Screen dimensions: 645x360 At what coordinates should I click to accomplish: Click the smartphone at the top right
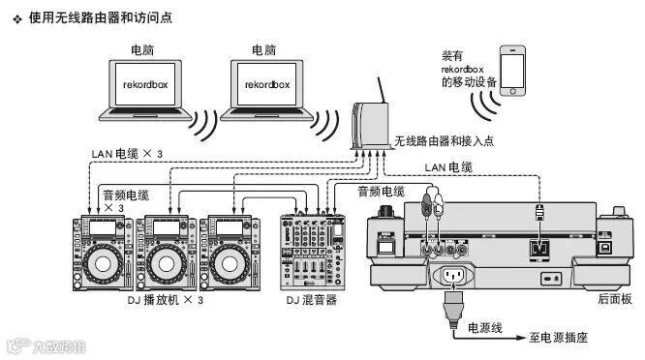[x=512, y=71]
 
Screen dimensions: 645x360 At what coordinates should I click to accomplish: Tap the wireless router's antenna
[x=382, y=90]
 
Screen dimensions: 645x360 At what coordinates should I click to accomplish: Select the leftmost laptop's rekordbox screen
[x=145, y=84]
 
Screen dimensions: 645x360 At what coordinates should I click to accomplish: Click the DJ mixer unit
[x=313, y=252]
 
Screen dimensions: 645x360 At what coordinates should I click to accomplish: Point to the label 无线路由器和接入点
[x=444, y=141]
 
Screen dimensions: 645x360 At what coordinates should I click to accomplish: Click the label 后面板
[x=615, y=299]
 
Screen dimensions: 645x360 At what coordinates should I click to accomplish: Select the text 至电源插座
[x=558, y=338]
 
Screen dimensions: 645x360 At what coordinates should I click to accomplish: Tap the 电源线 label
[x=485, y=328]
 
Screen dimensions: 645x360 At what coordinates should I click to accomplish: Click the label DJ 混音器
[x=312, y=300]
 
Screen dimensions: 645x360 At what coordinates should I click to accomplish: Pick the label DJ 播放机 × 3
[x=166, y=300]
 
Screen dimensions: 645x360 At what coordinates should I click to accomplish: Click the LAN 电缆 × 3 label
[x=127, y=154]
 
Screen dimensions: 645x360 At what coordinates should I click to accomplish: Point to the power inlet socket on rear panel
[x=452, y=275]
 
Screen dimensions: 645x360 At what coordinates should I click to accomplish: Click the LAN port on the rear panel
[x=539, y=248]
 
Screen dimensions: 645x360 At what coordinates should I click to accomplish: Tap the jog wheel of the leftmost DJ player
[x=103, y=264]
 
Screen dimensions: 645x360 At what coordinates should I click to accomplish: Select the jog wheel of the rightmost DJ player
[x=230, y=264]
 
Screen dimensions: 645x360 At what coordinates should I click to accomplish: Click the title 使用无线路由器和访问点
[x=101, y=17]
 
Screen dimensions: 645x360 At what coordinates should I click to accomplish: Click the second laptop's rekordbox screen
[x=267, y=84]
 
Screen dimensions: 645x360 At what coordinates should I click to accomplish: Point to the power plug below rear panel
[x=453, y=308]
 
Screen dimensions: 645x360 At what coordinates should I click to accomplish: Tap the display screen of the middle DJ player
[x=166, y=227]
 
